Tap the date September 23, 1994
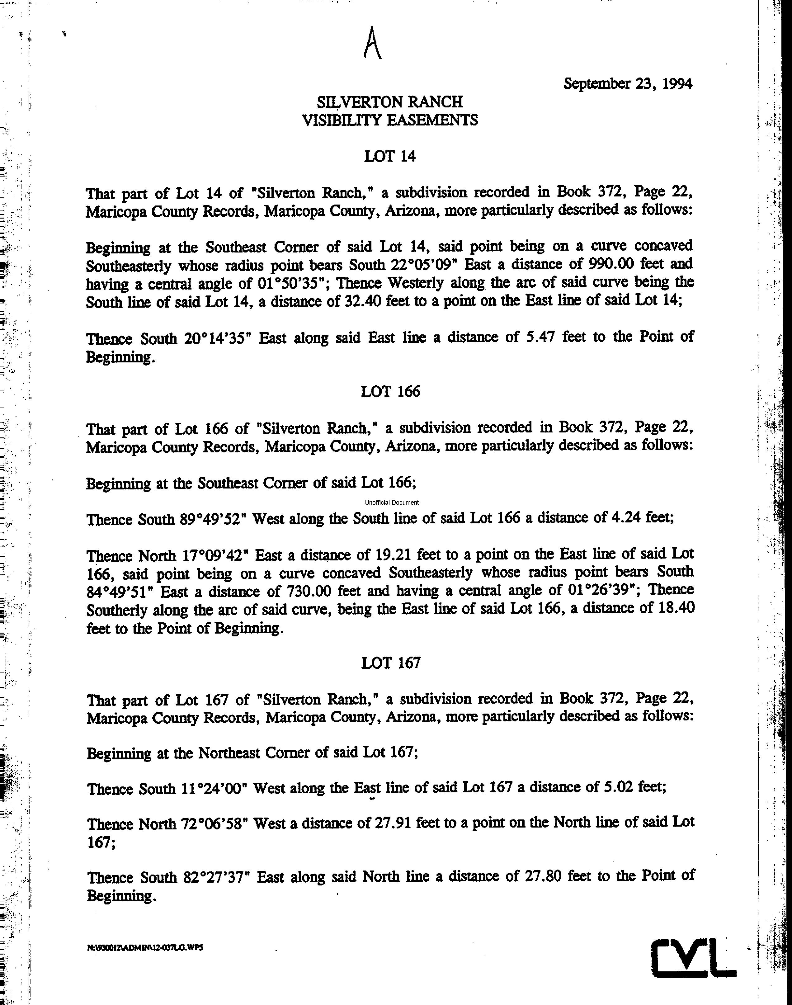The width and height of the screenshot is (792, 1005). (x=627, y=84)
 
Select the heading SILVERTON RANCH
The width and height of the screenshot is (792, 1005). (x=389, y=101)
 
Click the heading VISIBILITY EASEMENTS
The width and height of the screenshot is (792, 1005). (x=389, y=120)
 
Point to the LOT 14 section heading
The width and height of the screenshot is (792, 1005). (x=389, y=156)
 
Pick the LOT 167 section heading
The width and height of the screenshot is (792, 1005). (x=390, y=663)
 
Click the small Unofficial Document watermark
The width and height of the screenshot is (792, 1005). (x=392, y=502)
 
